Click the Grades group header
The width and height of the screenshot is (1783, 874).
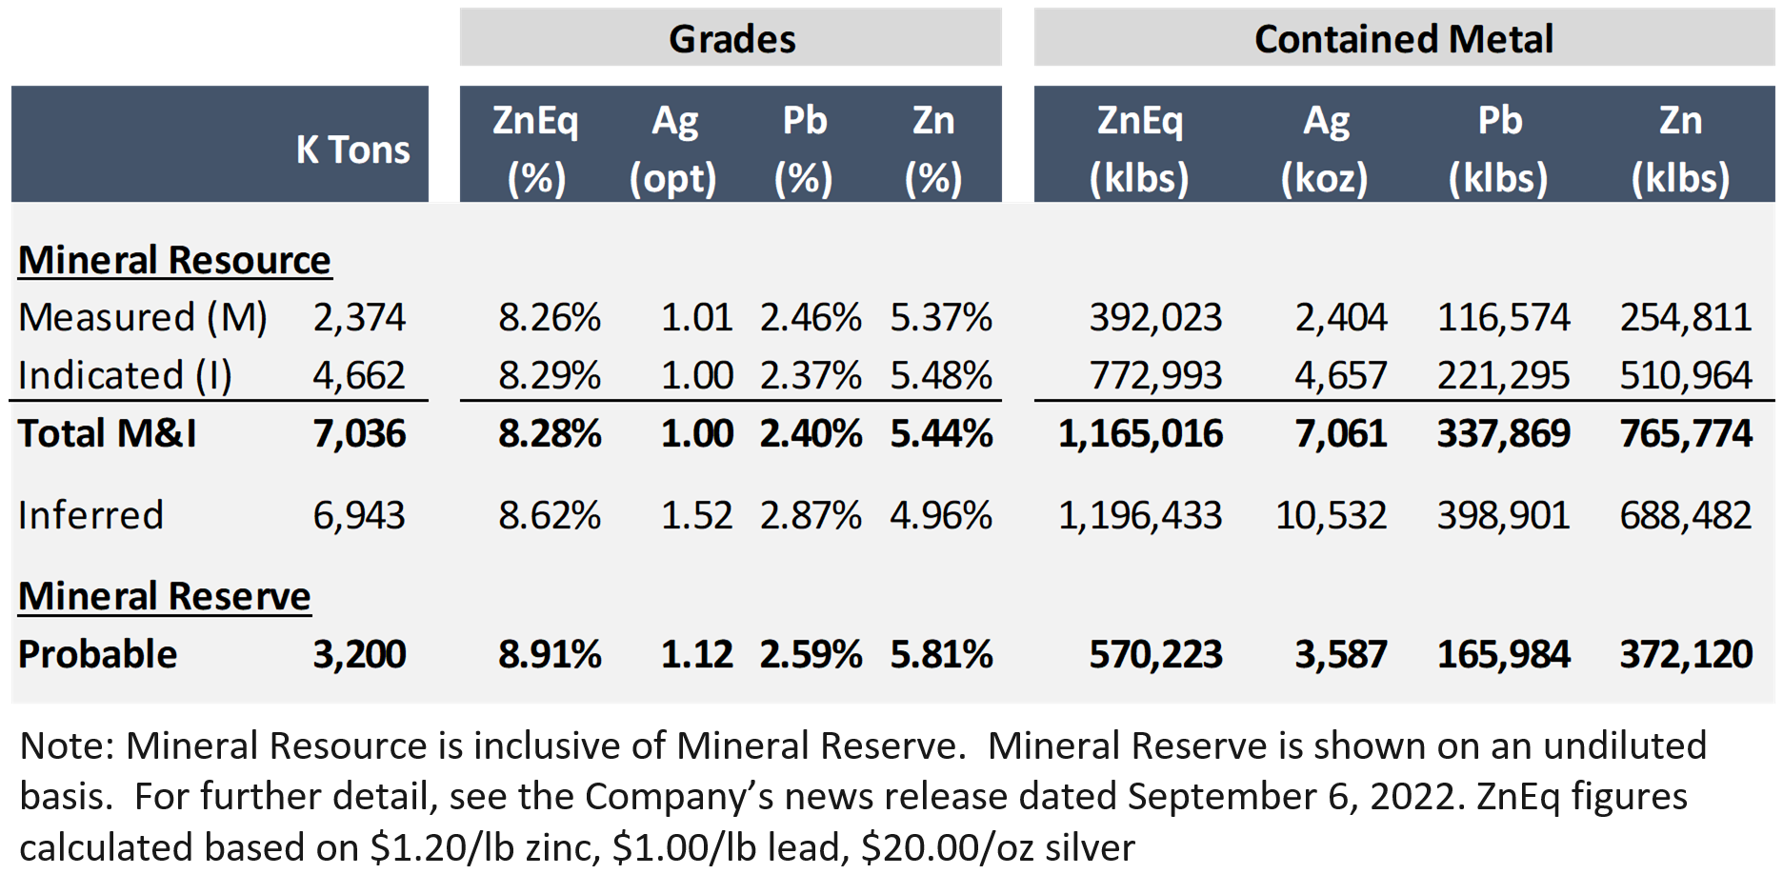(731, 39)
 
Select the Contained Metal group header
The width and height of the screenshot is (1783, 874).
(1403, 39)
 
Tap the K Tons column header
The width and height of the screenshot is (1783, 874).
(352, 149)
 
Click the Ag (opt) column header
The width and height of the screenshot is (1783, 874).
(673, 149)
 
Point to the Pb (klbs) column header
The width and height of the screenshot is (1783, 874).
(1498, 149)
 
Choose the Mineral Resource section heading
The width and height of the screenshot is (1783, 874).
(174, 260)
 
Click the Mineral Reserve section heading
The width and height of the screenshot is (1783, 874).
(165, 596)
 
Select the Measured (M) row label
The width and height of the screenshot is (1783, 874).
(143, 317)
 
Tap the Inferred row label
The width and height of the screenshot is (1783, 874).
(91, 515)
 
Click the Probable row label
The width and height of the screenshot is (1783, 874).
(98, 654)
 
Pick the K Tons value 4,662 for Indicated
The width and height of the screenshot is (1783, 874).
(359, 375)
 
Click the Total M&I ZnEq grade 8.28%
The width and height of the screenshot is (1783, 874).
(550, 434)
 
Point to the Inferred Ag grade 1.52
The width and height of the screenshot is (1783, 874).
(696, 515)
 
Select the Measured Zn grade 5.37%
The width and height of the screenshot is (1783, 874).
(941, 317)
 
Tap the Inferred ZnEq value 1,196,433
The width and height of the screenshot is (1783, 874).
(1139, 515)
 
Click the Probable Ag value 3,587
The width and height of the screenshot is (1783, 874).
(1340, 654)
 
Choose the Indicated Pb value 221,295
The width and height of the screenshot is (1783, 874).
(1503, 375)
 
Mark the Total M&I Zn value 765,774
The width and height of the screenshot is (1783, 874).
(1686, 434)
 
